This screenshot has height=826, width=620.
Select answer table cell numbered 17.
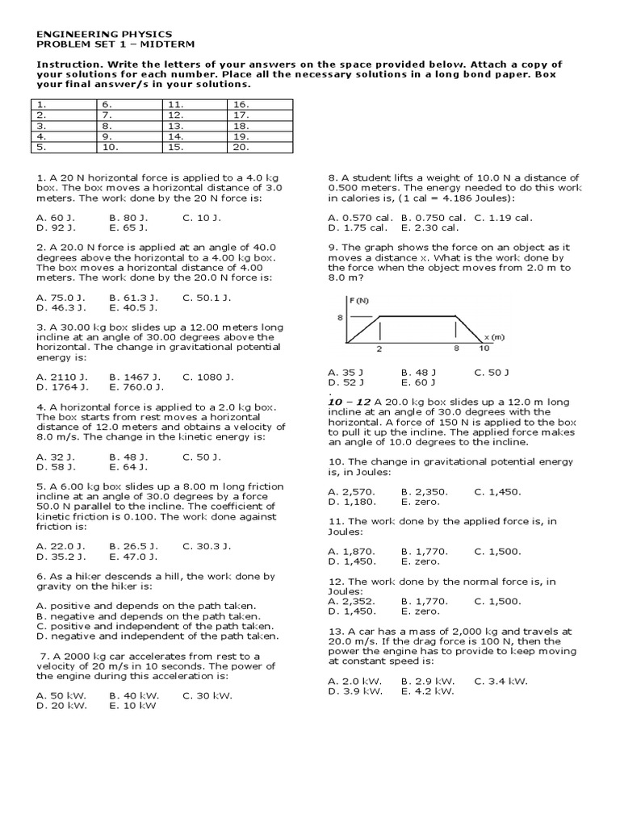pyautogui.click(x=260, y=115)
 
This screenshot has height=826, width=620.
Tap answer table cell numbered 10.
pyautogui.click(x=129, y=148)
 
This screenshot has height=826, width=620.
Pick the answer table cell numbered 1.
pyautogui.click(x=63, y=105)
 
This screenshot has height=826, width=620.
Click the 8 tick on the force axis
pyautogui.click(x=340, y=317)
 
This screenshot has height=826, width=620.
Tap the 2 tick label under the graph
pyautogui.click(x=379, y=349)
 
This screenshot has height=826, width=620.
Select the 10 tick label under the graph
pyautogui.click(x=484, y=349)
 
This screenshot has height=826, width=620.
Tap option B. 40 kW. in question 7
pyautogui.click(x=134, y=695)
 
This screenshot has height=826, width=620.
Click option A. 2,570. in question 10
pyautogui.click(x=351, y=491)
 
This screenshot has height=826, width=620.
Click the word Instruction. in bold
pyautogui.click(x=69, y=65)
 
